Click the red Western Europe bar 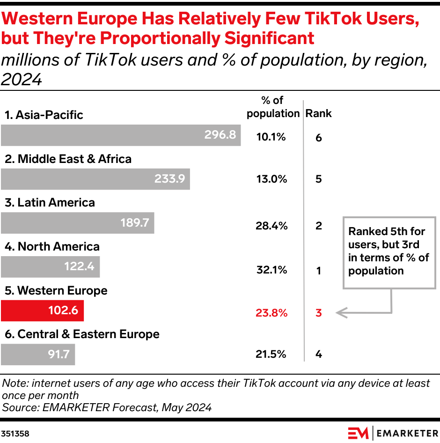point(42,310)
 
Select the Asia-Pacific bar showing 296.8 point(120,135)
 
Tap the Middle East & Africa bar point(95,179)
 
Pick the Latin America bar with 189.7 point(77,223)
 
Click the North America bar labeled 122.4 point(50,267)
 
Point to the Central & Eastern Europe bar point(37,354)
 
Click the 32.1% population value point(271,270)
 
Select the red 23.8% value point(271,313)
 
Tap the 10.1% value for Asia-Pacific point(271,137)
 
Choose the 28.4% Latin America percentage point(271,226)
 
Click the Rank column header point(318,113)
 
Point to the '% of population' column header point(273,107)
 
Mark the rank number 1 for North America point(319,270)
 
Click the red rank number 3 point(319,313)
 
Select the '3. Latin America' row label point(50,202)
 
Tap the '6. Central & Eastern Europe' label point(82,334)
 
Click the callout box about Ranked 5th point(388,251)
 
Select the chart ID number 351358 point(15,434)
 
